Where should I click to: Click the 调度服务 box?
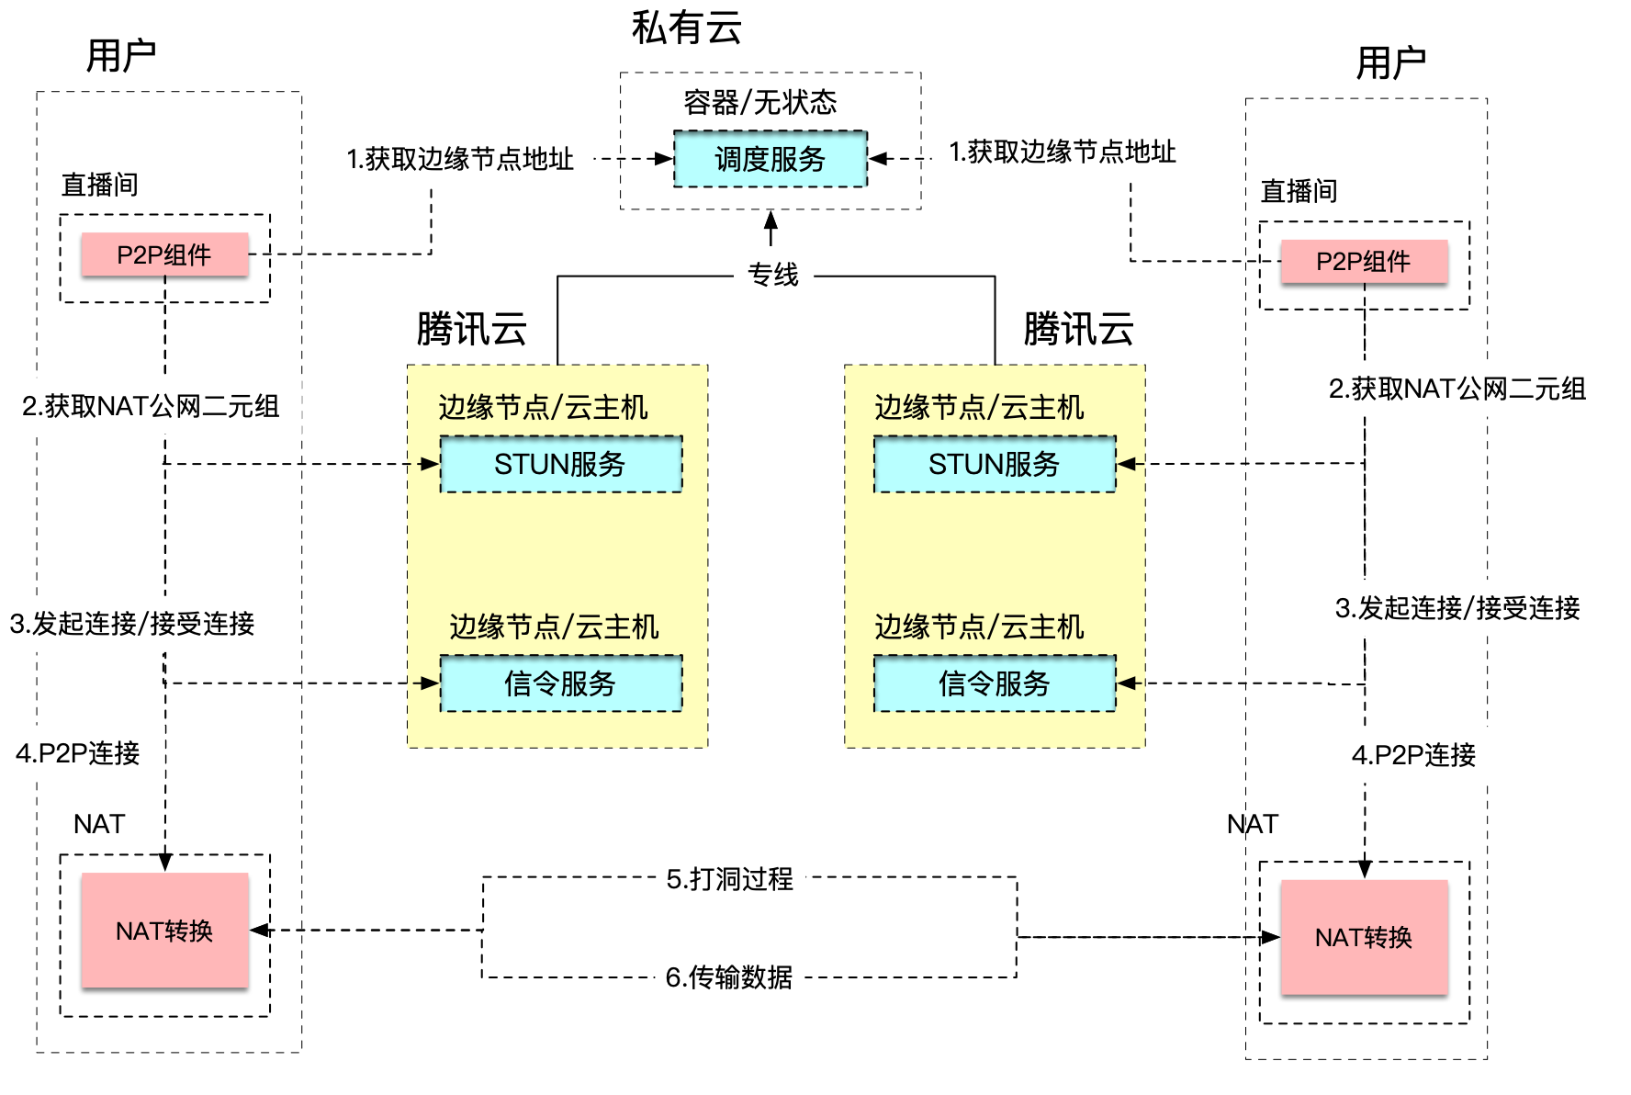pyautogui.click(x=770, y=159)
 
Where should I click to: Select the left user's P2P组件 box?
pyautogui.click(x=164, y=254)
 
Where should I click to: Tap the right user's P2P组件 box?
pyautogui.click(x=1364, y=262)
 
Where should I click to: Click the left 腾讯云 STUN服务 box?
pyautogui.click(x=560, y=464)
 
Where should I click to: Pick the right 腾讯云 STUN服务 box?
pyautogui.click(x=994, y=464)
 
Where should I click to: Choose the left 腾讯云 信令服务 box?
pyautogui.click(x=560, y=683)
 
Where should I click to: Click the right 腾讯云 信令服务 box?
pyautogui.click(x=994, y=683)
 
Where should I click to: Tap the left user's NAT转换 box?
pyautogui.click(x=164, y=931)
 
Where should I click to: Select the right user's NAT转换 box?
pyautogui.click(x=1364, y=937)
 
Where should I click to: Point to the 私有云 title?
pyautogui.click(x=686, y=28)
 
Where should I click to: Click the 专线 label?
pyautogui.click(x=772, y=274)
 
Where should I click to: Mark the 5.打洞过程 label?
pyautogui.click(x=729, y=879)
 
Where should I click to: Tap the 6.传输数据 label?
pyautogui.click(x=728, y=977)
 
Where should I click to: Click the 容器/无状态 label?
pyautogui.click(x=759, y=102)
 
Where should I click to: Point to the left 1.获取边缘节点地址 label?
pyautogui.click(x=459, y=159)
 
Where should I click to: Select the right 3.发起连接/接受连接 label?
pyautogui.click(x=1457, y=607)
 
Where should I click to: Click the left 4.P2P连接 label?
pyautogui.click(x=78, y=753)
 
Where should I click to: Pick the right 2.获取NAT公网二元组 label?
pyautogui.click(x=1457, y=389)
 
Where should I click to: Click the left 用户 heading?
pyautogui.click(x=120, y=56)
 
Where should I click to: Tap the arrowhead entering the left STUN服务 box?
pyautogui.click(x=430, y=464)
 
